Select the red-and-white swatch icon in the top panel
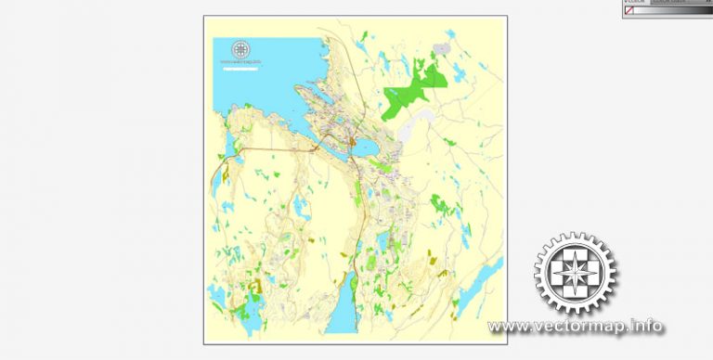coord(629,10)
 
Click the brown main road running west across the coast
coord(279,148)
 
